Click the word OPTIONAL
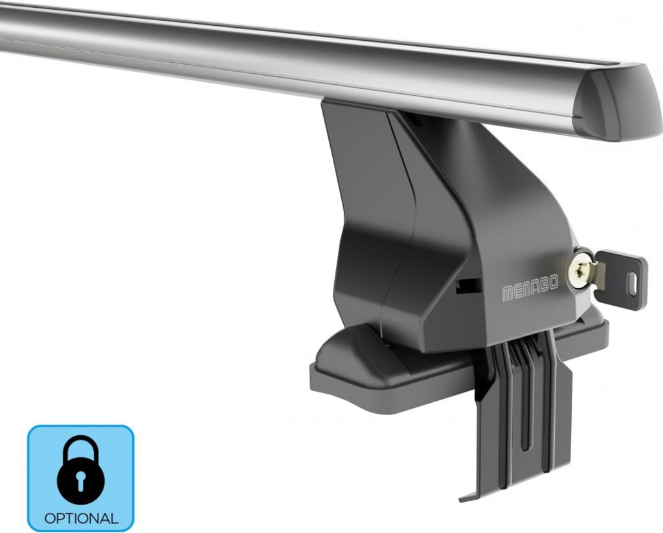coord(81,518)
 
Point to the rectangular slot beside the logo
coord(468,286)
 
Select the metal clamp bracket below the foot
coord(518,414)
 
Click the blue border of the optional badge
coord(29,479)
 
